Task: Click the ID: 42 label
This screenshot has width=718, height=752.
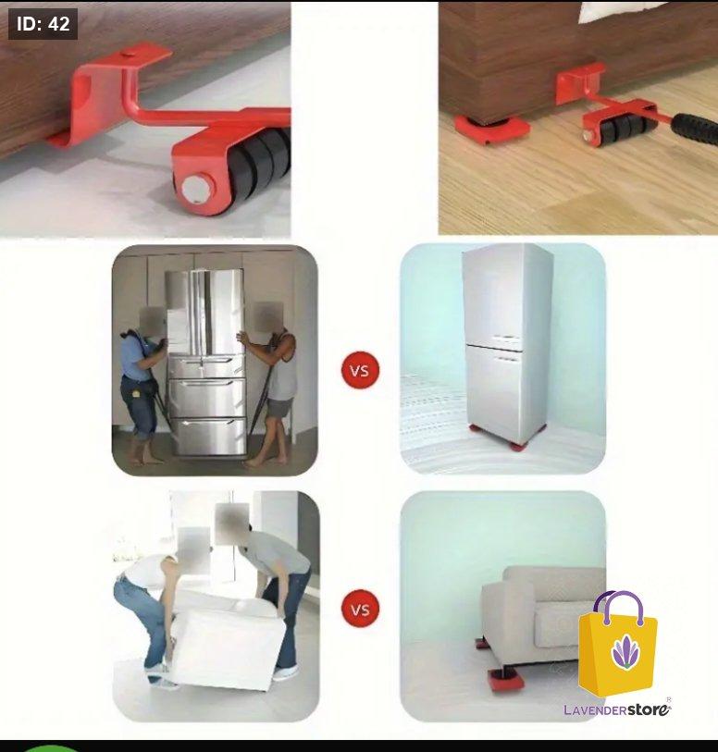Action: (43, 24)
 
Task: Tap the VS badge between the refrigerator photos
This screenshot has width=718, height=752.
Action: (360, 370)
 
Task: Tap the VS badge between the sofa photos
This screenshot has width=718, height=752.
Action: (360, 609)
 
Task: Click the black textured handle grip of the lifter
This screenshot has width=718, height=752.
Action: (695, 128)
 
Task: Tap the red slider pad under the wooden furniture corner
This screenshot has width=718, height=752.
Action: (491, 128)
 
